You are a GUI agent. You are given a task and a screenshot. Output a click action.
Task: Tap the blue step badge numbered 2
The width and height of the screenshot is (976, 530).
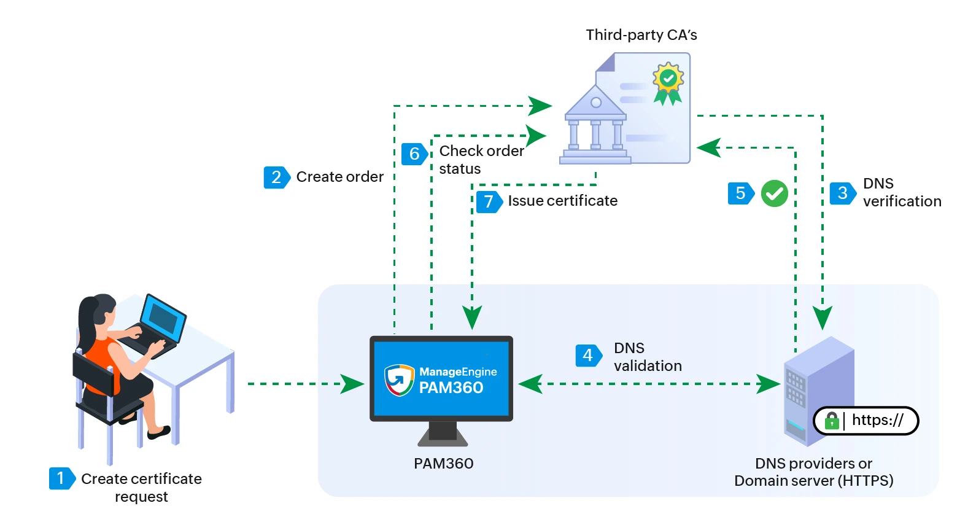pyautogui.click(x=276, y=177)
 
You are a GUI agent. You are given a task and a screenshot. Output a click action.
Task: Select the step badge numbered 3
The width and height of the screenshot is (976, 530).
pyautogui.click(x=842, y=193)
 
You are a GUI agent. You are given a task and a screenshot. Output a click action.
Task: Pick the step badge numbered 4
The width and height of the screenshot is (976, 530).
pyautogui.click(x=587, y=355)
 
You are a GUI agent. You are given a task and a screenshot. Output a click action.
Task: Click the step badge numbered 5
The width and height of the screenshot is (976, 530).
pyautogui.click(x=740, y=193)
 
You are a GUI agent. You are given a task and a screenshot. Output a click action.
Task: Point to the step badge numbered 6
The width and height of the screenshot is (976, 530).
pyautogui.click(x=414, y=154)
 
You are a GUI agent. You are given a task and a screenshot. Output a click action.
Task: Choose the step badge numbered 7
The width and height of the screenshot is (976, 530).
pyautogui.click(x=489, y=201)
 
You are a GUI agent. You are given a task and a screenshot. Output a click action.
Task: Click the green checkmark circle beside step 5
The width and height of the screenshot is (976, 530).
pyautogui.click(x=774, y=193)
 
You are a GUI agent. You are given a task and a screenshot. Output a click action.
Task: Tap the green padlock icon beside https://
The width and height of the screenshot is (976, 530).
pyautogui.click(x=831, y=421)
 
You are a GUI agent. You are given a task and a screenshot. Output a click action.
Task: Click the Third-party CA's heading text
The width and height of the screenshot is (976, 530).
pyautogui.click(x=641, y=35)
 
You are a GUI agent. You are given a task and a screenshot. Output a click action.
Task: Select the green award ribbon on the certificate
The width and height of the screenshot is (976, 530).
pyautogui.click(x=668, y=82)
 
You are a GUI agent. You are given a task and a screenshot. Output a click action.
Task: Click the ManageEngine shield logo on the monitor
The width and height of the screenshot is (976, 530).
pyautogui.click(x=399, y=380)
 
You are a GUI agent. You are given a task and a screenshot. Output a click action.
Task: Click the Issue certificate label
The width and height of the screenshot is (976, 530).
pyautogui.click(x=562, y=201)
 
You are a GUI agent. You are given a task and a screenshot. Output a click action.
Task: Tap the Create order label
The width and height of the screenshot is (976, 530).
pyautogui.click(x=339, y=177)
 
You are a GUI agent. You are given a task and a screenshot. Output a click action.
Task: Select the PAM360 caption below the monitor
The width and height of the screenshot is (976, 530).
pyautogui.click(x=443, y=463)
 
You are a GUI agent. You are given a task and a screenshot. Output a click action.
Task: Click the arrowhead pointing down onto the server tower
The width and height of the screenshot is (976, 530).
pyautogui.click(x=823, y=318)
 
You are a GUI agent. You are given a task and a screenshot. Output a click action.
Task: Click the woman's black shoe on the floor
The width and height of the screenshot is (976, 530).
pyautogui.click(x=158, y=432)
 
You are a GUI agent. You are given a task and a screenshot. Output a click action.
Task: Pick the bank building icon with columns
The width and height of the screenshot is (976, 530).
pyautogui.click(x=595, y=126)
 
